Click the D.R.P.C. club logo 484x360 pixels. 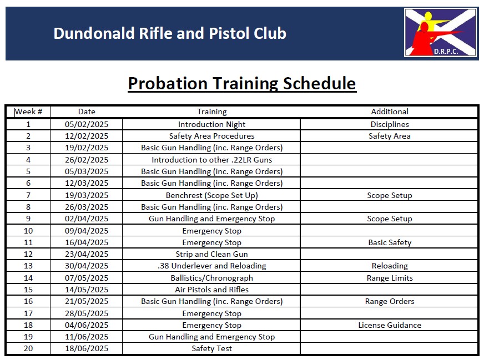440,33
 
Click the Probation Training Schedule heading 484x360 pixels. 242,83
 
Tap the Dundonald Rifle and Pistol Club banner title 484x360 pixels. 170,33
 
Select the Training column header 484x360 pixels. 211,111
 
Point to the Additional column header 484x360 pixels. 390,111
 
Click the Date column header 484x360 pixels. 87,111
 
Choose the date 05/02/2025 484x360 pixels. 87,124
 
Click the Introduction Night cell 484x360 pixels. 211,124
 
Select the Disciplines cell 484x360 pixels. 390,124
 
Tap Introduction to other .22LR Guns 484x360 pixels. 211,160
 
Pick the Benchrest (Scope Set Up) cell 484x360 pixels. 211,195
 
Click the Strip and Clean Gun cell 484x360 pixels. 211,254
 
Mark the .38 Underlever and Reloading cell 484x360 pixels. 211,266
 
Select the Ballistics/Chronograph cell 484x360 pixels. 211,278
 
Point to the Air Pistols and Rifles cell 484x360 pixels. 211,290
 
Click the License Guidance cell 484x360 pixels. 390,325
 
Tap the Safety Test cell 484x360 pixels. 211,348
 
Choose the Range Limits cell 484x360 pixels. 390,278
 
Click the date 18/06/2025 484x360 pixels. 87,348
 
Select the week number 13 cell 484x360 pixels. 28,266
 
